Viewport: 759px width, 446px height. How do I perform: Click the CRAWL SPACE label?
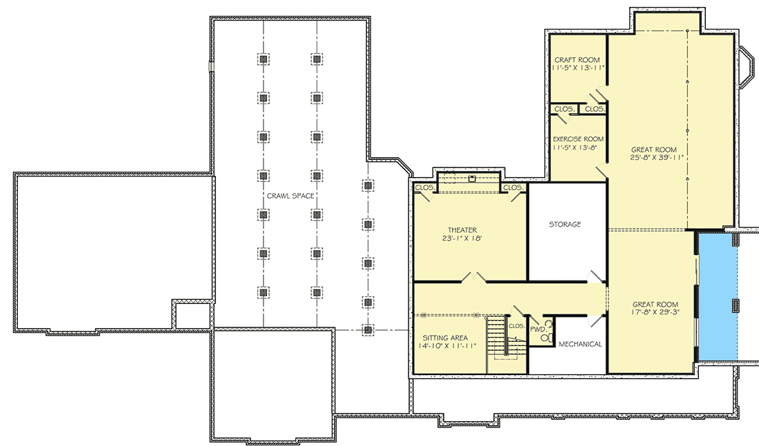pos(290,196)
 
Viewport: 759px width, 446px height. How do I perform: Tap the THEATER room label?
pos(462,230)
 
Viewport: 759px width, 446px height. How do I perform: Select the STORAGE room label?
pos(564,225)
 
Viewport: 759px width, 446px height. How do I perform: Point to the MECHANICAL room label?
pos(580,344)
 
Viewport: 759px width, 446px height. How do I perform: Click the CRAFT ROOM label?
pos(577,60)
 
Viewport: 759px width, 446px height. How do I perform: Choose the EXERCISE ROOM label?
pos(578,139)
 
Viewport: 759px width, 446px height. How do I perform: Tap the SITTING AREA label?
pos(446,338)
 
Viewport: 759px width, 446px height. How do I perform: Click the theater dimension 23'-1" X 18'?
pos(462,239)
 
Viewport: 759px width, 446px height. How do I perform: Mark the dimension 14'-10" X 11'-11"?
pos(446,347)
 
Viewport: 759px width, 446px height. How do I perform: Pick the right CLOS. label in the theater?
pos(512,187)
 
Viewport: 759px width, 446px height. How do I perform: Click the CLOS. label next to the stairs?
pos(516,325)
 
